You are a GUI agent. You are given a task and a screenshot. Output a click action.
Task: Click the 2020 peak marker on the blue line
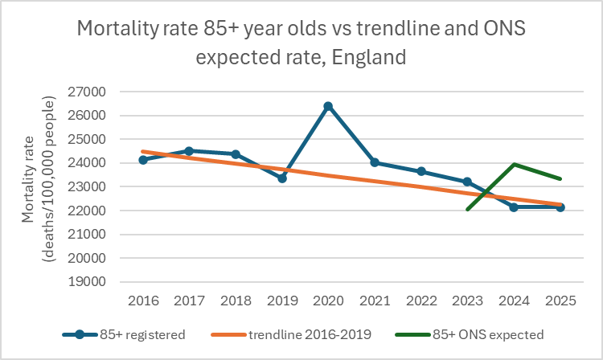point(328,106)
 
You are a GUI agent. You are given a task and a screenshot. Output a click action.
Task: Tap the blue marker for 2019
point(282,178)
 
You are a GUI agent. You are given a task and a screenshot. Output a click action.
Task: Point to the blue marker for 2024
point(513,207)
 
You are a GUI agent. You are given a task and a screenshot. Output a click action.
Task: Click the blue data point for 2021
point(375,162)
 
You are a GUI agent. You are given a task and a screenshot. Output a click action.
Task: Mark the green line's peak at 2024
point(513,164)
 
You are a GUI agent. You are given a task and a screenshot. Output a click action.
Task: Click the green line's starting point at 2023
point(467,210)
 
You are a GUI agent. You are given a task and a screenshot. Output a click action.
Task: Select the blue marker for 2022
point(420,171)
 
